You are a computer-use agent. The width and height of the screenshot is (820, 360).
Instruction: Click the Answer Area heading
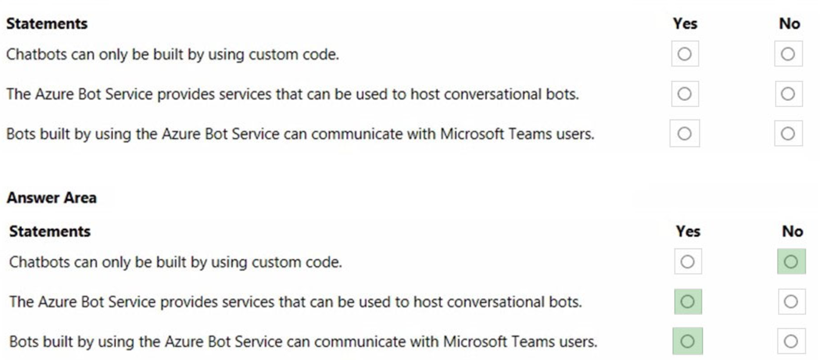click(x=51, y=198)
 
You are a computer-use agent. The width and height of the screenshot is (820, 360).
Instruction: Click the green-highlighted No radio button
click(x=791, y=261)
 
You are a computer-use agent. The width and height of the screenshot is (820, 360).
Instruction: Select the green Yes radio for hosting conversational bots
click(x=687, y=301)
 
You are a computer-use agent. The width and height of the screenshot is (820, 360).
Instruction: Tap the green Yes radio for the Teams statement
click(x=687, y=341)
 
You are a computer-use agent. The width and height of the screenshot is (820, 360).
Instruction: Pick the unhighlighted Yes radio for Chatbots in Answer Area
click(x=687, y=261)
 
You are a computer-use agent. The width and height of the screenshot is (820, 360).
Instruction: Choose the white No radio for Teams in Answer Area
click(x=791, y=341)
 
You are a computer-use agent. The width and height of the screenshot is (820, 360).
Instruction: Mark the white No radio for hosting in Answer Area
click(x=791, y=301)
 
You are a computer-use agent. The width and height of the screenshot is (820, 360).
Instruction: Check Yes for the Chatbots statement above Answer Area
click(x=685, y=54)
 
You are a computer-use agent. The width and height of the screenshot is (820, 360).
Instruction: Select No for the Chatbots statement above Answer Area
click(x=788, y=54)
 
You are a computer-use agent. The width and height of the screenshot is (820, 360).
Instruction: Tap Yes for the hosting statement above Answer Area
click(x=685, y=94)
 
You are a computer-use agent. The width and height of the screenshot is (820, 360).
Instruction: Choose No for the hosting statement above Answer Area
click(x=788, y=94)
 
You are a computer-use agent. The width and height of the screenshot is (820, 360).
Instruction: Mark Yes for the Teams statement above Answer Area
click(x=685, y=134)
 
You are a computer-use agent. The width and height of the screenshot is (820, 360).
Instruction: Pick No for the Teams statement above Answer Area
click(x=788, y=134)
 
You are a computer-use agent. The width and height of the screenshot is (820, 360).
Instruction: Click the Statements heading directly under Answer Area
click(x=50, y=231)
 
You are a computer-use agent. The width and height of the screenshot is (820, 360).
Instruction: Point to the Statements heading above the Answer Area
click(x=47, y=23)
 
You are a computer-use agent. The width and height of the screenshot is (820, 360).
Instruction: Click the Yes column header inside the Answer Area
click(x=688, y=231)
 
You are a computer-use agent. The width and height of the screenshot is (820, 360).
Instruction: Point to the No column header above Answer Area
click(x=789, y=23)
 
